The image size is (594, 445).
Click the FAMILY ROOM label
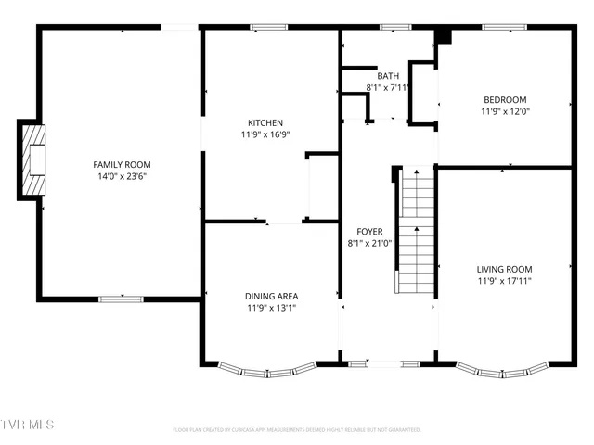[x=121, y=164]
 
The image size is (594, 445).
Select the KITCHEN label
[x=265, y=122]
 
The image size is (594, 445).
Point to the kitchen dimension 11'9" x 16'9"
[x=265, y=133]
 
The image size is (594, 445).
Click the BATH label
[x=387, y=76]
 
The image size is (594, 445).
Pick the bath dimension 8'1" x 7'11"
[x=388, y=87]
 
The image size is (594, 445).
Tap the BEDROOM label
[x=505, y=100]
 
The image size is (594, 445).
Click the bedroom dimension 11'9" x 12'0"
[x=505, y=111]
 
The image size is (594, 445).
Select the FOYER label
[x=369, y=232]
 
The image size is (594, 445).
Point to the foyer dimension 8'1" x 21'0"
[x=369, y=243]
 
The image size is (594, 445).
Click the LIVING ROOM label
[x=505, y=269]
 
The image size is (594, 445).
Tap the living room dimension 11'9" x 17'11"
[x=505, y=280]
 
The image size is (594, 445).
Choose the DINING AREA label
[x=272, y=297]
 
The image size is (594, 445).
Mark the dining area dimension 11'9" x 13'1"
[x=272, y=308]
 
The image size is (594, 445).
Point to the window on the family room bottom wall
[x=121, y=299]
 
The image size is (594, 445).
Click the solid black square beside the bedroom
[x=443, y=37]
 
